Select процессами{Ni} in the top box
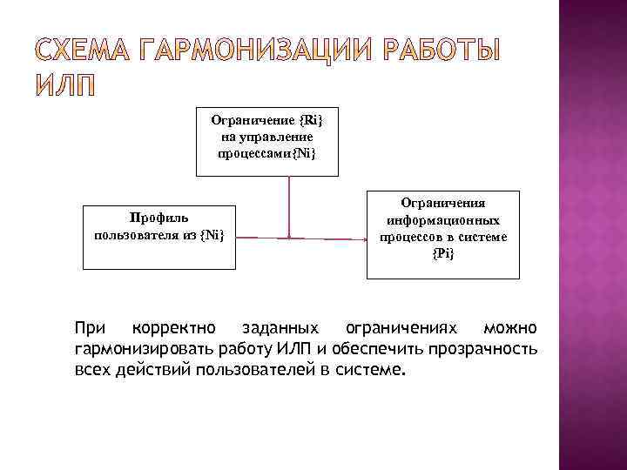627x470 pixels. pyautogui.click(x=267, y=152)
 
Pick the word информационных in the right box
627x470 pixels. pyautogui.click(x=443, y=219)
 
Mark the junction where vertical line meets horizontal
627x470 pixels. pyautogui.click(x=290, y=235)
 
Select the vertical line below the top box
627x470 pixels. pyautogui.click(x=290, y=205)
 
